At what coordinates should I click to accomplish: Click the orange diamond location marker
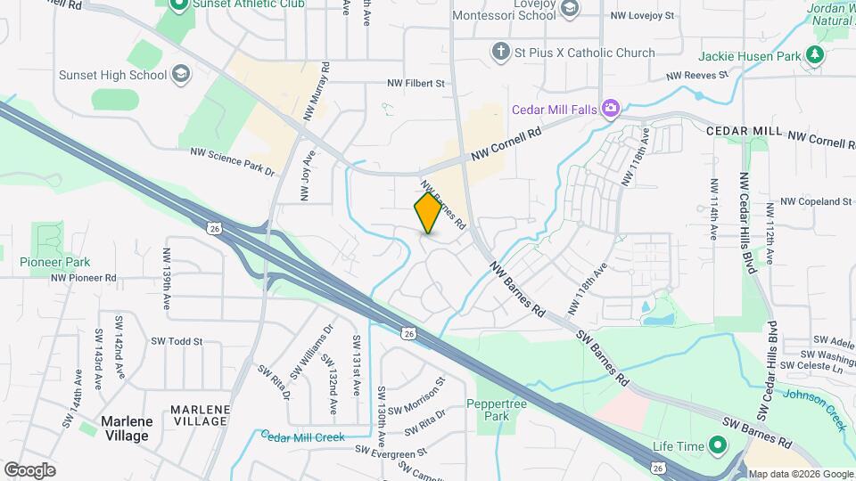[x=428, y=212]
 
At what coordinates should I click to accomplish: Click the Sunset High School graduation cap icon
[x=182, y=74]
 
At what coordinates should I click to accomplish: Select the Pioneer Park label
[x=54, y=262]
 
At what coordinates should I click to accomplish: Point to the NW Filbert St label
[x=416, y=83]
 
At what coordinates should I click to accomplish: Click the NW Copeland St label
[x=816, y=202]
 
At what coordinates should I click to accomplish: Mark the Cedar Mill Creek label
[x=302, y=436]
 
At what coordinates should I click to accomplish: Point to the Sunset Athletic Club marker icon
[x=178, y=4]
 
